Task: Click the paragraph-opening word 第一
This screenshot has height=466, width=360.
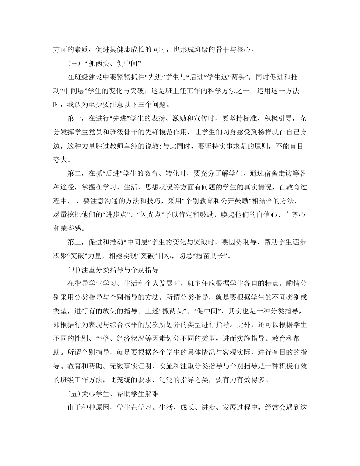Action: pos(74,119)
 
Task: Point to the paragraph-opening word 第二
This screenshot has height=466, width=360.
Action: pos(74,174)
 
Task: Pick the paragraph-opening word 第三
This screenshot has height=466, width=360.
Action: pos(74,243)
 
